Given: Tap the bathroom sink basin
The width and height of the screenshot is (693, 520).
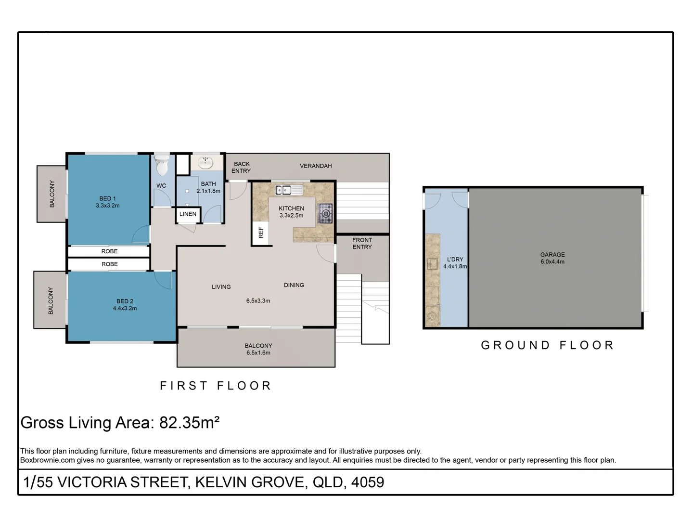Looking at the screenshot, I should [x=206, y=162].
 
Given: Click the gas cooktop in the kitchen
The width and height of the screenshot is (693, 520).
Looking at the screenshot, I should [x=326, y=213].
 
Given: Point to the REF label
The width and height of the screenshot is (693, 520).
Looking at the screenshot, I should [x=261, y=233].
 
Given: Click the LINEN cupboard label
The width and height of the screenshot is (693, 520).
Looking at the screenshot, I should [x=188, y=214].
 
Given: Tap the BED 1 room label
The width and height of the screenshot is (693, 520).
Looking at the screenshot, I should [x=107, y=198].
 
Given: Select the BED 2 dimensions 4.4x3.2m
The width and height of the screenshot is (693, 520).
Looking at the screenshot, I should [x=125, y=309].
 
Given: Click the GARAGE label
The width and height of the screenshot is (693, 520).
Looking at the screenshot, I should [x=552, y=255].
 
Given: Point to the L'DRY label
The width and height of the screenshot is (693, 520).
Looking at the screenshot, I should [x=455, y=260].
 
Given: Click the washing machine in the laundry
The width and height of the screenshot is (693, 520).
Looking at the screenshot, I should [x=432, y=316].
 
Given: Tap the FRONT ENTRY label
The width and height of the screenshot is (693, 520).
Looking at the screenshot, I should [x=362, y=244].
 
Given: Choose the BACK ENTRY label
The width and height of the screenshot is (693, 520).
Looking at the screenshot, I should [x=242, y=168].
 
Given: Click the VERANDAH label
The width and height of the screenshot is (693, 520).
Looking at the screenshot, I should [x=316, y=166].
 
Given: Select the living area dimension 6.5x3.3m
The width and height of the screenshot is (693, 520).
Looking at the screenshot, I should [x=258, y=301].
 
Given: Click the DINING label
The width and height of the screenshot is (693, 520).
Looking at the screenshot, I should [x=294, y=285].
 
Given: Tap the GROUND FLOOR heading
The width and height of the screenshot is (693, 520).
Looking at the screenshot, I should [x=548, y=345].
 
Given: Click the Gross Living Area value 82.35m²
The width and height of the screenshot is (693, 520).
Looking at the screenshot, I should [x=189, y=423].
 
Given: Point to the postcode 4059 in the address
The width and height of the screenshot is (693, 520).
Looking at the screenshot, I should [x=368, y=482].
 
